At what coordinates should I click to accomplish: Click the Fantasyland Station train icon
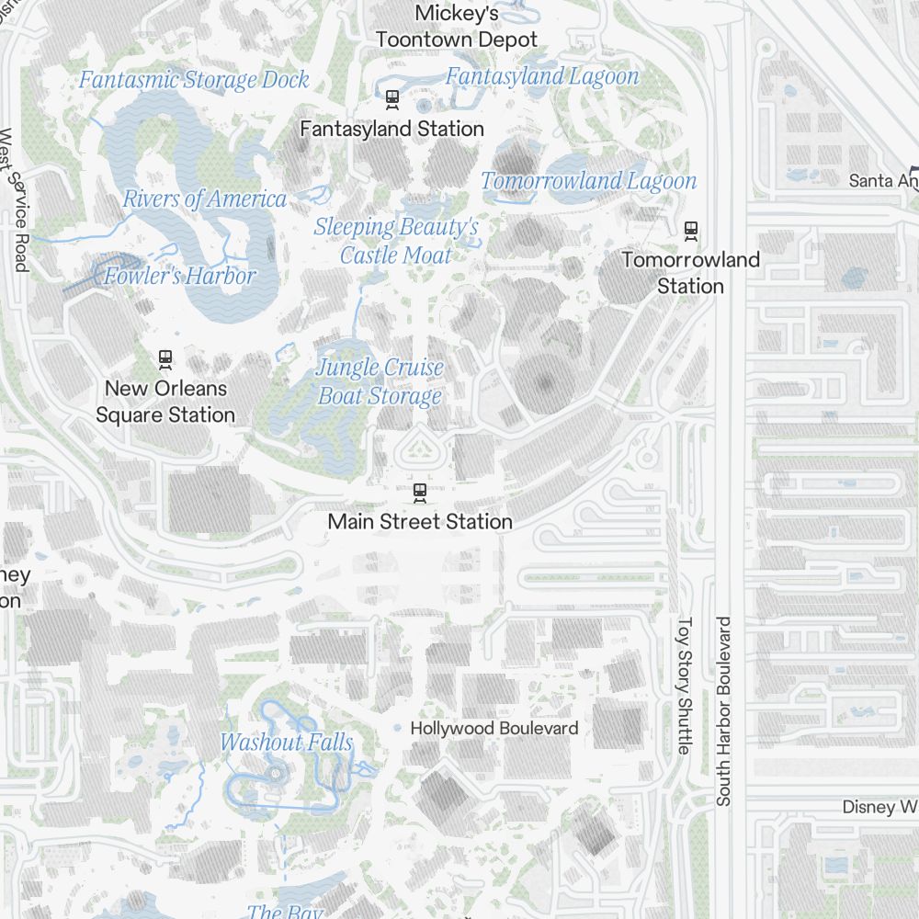pos(392,98)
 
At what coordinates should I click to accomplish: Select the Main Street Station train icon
pos(420,493)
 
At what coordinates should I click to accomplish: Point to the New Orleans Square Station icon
pos(165,357)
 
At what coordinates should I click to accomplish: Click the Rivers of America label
pos(205,199)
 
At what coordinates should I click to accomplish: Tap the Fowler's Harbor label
pos(180,276)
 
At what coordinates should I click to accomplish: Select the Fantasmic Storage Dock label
pos(194,80)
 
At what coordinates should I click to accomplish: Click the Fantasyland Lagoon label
pos(542,76)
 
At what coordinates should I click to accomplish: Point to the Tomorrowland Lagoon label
pos(589,181)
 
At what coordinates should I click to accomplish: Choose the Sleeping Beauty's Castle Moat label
pos(396,241)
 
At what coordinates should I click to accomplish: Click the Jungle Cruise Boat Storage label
pos(380,381)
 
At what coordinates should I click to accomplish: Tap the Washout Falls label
pos(287,743)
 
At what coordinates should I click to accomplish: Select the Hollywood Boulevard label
pos(494,729)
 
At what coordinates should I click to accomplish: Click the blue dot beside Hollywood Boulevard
pos(397,729)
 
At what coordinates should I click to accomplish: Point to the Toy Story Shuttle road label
pos(683,686)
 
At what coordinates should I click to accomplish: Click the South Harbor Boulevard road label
pos(724,711)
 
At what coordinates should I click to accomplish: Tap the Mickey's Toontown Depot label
pos(457,27)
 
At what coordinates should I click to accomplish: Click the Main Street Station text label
pos(420,522)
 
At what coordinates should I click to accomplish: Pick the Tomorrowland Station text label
pos(690,273)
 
